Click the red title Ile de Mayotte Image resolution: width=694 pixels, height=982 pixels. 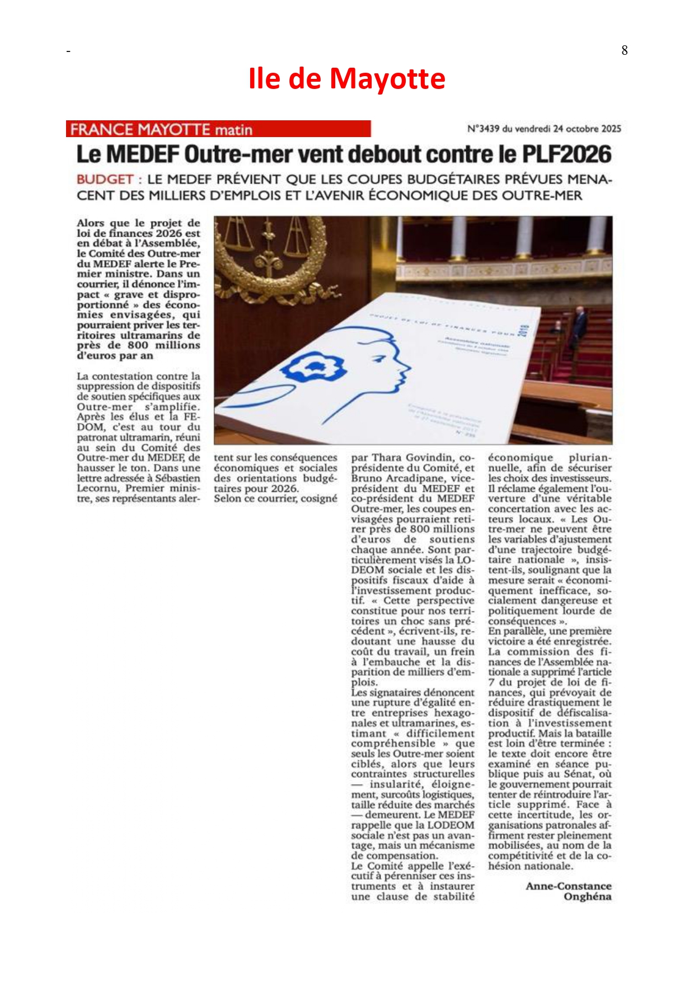[x=346, y=78]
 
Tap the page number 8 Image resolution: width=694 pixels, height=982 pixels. [x=625, y=50]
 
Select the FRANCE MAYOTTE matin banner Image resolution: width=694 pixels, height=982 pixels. [x=218, y=129]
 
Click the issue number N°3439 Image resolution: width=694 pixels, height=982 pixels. [x=484, y=129]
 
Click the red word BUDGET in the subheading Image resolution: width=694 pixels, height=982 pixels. [x=105, y=180]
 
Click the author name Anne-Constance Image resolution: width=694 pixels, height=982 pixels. [x=569, y=886]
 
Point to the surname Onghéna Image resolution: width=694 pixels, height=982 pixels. [x=587, y=897]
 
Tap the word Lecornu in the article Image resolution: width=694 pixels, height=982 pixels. [x=97, y=488]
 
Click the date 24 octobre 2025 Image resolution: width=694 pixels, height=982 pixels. [x=587, y=129]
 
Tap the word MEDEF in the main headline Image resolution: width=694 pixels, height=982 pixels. [x=143, y=154]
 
